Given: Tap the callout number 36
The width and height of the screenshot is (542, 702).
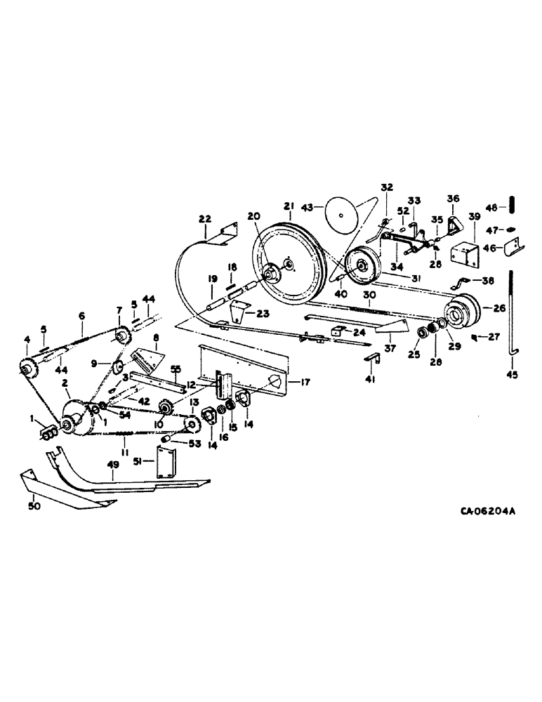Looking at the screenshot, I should click(454, 199).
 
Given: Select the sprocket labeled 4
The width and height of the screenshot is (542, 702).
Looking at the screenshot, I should click(28, 366).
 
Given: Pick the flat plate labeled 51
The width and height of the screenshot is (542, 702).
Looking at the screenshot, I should click(166, 463).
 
